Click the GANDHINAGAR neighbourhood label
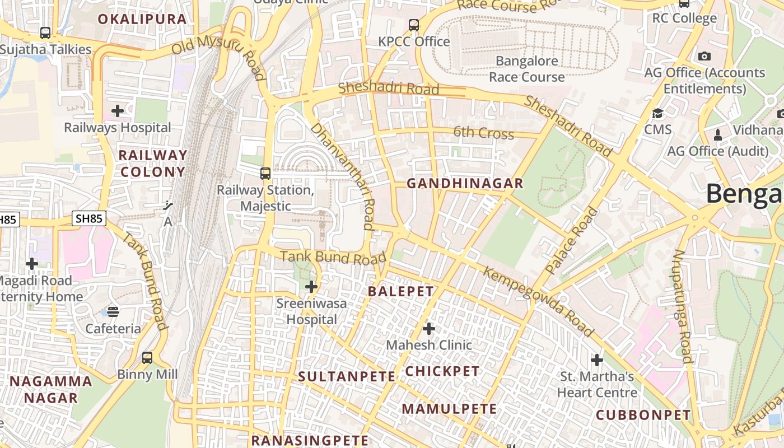pos(465,183)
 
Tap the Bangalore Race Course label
pos(527,69)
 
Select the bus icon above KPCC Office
pos(414,25)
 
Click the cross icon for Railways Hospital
pos(118,111)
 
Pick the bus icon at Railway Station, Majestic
pos(265,174)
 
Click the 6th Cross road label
pos(483,133)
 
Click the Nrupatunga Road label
pos(682,306)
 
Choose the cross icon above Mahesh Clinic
pos(429,328)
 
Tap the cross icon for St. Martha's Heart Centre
pos(597,360)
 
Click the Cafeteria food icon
pos(113,311)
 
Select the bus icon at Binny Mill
pos(147,357)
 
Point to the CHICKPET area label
pos(442,371)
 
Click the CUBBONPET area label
pos(643,415)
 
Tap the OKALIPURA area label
pos(142,19)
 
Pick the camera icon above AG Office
pos(704,57)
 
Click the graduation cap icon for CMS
pos(657,113)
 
